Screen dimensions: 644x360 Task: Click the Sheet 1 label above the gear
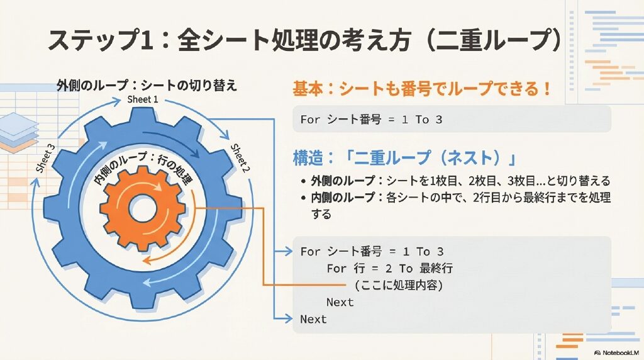tap(143, 99)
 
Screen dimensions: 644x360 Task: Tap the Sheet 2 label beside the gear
tap(239, 159)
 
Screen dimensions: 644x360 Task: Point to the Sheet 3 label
tap(45, 158)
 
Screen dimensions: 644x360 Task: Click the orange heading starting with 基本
tap(421, 89)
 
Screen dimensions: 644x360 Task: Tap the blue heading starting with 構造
tap(404, 158)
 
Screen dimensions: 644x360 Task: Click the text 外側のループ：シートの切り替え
tap(147, 85)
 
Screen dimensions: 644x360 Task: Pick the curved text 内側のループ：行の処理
tap(144, 169)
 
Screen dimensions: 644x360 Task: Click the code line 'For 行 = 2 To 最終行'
tap(389, 269)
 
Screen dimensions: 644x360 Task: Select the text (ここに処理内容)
tap(399, 285)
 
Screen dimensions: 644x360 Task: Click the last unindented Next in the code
tap(313, 319)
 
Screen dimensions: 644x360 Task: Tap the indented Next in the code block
tap(340, 303)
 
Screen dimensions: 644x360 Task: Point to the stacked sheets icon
tap(19, 132)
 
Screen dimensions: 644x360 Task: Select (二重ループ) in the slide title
tap(493, 40)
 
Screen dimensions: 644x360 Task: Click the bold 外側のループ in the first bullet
tap(343, 181)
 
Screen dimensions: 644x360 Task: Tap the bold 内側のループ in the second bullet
tap(343, 198)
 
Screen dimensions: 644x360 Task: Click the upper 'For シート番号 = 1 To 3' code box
tap(452, 119)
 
